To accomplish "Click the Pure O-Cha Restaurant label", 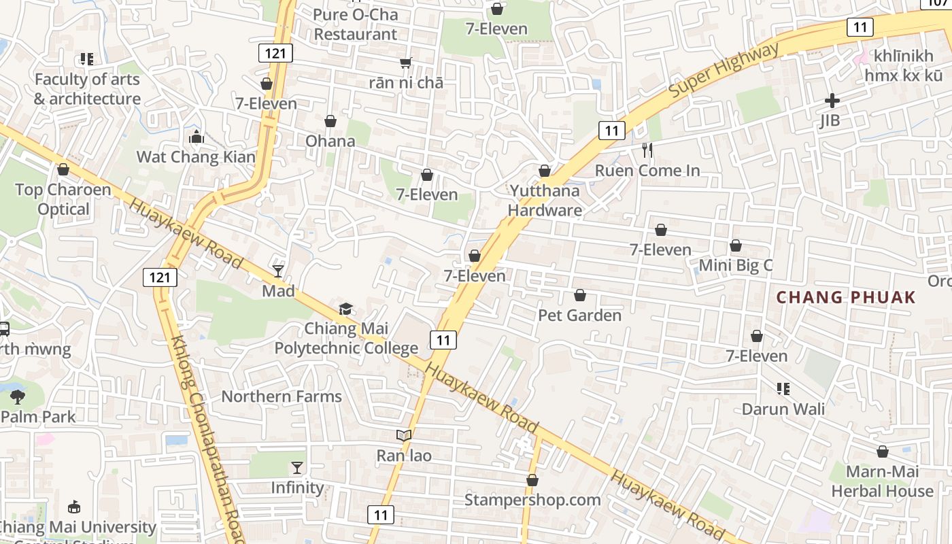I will click(x=356, y=24).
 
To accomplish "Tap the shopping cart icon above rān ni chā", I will click(x=406, y=63).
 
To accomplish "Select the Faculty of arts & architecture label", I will click(x=87, y=89).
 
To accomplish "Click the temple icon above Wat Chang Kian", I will click(x=197, y=137).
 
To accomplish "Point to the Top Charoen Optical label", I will click(x=63, y=199).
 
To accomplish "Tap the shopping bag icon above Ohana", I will click(x=330, y=121).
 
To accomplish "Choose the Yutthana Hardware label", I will click(x=545, y=201).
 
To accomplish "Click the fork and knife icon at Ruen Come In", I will click(x=647, y=150).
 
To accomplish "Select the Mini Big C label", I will click(x=736, y=265).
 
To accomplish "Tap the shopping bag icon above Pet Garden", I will click(x=580, y=295).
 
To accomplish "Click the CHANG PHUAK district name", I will click(x=846, y=297).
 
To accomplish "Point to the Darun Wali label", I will click(x=783, y=409).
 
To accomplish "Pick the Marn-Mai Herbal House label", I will click(x=882, y=481).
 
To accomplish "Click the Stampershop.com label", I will click(x=532, y=500).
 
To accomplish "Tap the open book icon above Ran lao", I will click(x=404, y=435).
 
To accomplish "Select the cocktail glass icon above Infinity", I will click(x=297, y=467).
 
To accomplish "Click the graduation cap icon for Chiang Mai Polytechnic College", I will click(x=346, y=309).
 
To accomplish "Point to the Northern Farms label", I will click(x=282, y=396).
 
